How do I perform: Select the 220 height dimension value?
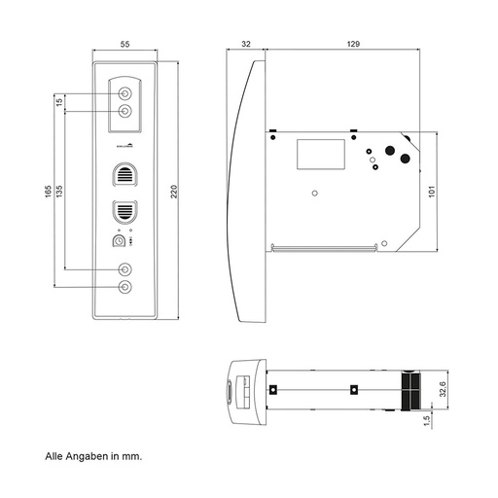[174, 191]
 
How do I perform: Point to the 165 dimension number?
[48, 191]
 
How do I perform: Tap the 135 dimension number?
[59, 191]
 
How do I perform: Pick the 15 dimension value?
[59, 102]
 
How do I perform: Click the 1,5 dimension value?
[427, 419]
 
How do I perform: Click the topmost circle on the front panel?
[124, 93]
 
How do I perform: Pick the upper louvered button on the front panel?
[124, 175]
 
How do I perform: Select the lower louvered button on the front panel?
[124, 211]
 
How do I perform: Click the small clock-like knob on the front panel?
[120, 240]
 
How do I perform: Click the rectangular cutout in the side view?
[321, 153]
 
